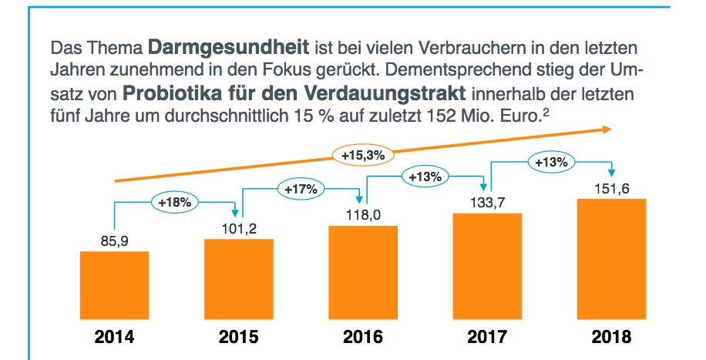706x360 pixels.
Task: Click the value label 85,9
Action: pos(114,242)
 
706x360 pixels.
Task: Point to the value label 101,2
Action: pos(239,229)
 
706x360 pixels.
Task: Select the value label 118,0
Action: pos(363,215)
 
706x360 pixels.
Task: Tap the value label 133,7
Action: pos(487,203)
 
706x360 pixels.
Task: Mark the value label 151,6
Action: pos(611,189)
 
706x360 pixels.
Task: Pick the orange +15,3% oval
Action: pos(362,155)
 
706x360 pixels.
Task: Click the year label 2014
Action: pos(114,337)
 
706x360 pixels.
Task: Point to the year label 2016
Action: pos(363,337)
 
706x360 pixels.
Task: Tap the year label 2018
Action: pos(611,337)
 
